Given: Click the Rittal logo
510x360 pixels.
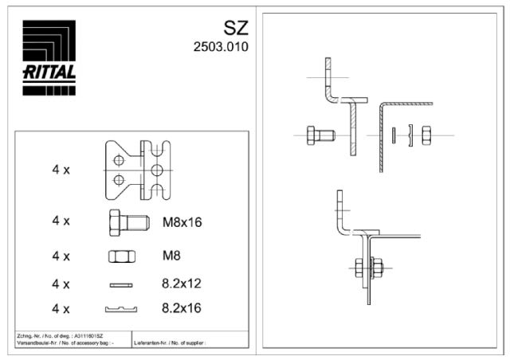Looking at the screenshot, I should click(49, 57).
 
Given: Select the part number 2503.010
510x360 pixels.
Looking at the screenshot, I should click(221, 47).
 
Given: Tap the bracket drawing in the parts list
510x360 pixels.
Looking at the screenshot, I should click(139, 169).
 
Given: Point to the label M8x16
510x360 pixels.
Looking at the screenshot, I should click(182, 221).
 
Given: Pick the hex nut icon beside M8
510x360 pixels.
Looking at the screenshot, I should click(121, 256).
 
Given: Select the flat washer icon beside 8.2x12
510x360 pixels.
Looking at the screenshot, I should click(121, 283).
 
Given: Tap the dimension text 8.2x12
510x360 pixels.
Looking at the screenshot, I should click(180, 283).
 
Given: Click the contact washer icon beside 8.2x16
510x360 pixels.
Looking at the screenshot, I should click(121, 308).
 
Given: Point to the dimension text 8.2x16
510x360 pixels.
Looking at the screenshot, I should click(180, 308).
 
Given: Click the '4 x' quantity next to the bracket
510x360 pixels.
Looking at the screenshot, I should click(61, 170).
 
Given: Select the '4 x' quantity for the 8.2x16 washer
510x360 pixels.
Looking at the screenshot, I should click(61, 308).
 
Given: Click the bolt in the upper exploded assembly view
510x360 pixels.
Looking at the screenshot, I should click(321, 135).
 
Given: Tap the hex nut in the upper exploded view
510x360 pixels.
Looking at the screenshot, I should click(426, 135).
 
